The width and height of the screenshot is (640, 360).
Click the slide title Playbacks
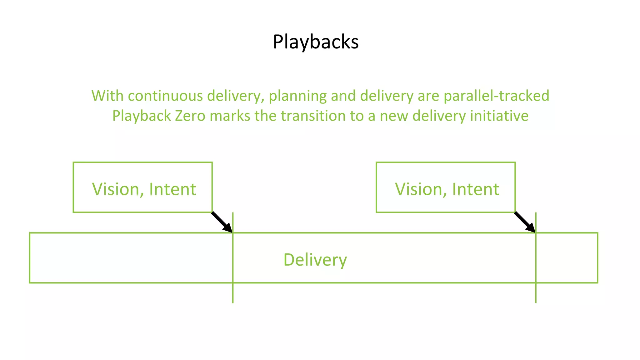[x=316, y=42]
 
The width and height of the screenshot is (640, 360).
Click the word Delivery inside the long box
[x=315, y=260]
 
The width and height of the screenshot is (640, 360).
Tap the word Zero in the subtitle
[x=190, y=116]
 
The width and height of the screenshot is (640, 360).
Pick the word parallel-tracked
[x=496, y=96]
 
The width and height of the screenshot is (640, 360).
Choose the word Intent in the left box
[x=172, y=189]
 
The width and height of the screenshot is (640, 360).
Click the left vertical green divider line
[x=233, y=294]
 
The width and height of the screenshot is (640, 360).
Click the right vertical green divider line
[x=536, y=294]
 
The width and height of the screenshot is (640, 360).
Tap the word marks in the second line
[x=230, y=116]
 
